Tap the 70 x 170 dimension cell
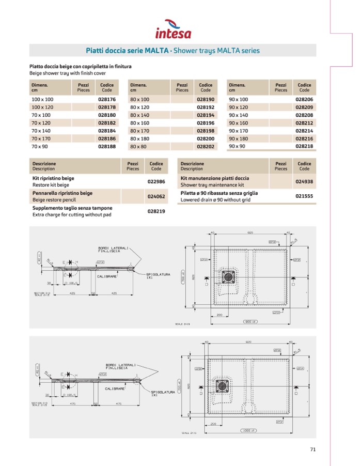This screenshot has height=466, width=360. tap(41, 138)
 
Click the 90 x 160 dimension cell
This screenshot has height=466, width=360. tap(238, 123)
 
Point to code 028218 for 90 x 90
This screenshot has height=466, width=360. tap(304, 147)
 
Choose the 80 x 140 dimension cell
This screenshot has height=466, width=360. tap(139, 115)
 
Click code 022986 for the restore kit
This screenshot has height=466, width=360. tap(156, 181)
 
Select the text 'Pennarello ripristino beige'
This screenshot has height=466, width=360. tap(62, 193)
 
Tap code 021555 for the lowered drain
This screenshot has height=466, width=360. tap(304, 196)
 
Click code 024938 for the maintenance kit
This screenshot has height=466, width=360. tap(304, 181)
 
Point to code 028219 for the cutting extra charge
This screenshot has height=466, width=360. tap(156, 211)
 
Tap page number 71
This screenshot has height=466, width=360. tap(312, 449)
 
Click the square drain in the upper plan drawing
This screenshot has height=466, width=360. tap(228, 276)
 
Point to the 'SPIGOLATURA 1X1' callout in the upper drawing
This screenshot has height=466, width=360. tap(154, 276)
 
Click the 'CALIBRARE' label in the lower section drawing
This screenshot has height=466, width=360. tap(115, 388)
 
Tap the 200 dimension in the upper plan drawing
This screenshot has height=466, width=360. tap(220, 315)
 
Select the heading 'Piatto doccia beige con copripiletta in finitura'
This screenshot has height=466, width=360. tap(81, 67)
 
